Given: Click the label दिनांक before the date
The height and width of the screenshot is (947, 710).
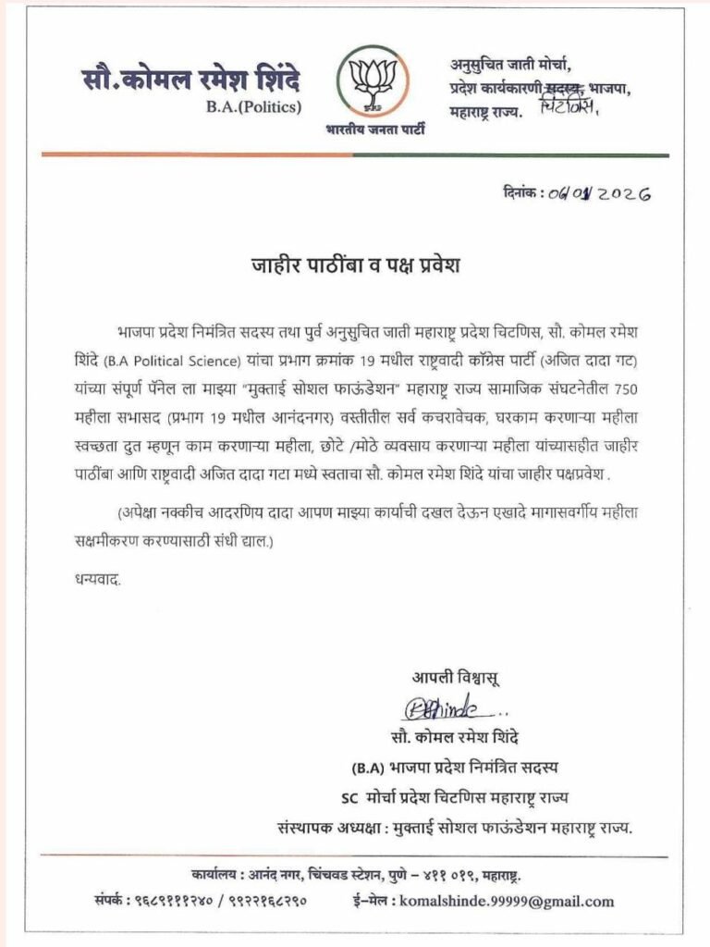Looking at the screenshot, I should point(515,196).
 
